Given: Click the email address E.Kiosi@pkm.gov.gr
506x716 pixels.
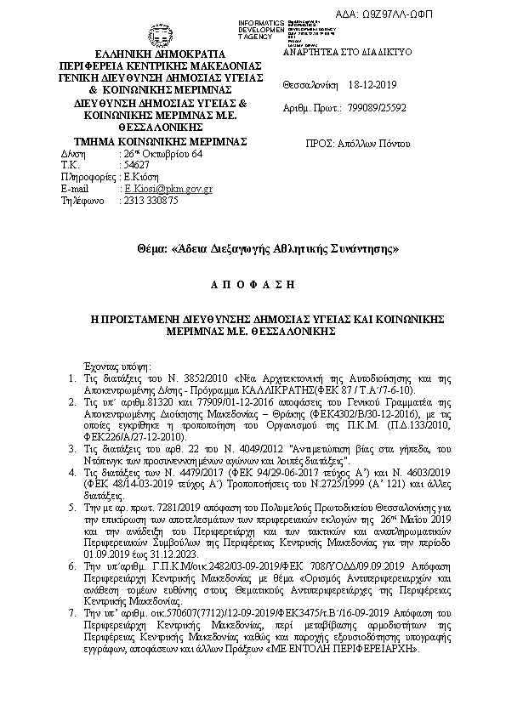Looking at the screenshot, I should [x=168, y=189].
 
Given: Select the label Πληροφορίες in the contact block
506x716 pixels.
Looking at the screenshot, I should [x=88, y=177].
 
